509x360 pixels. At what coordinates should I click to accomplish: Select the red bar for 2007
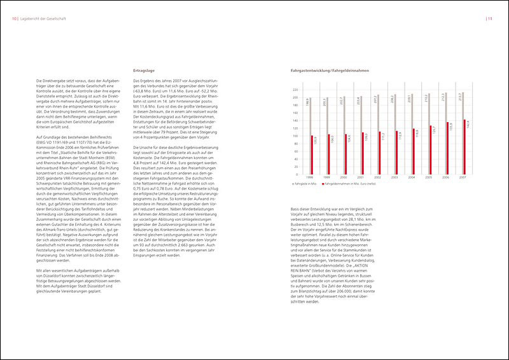(466, 146)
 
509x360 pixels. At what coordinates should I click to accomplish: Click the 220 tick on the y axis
(295, 90)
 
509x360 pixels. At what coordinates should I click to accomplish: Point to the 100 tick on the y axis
(295, 135)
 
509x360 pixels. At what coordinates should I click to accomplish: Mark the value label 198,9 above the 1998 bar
(308, 101)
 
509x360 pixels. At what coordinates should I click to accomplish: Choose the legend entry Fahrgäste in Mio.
(305, 184)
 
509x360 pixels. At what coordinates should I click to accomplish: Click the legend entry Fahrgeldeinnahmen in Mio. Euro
(354, 184)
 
